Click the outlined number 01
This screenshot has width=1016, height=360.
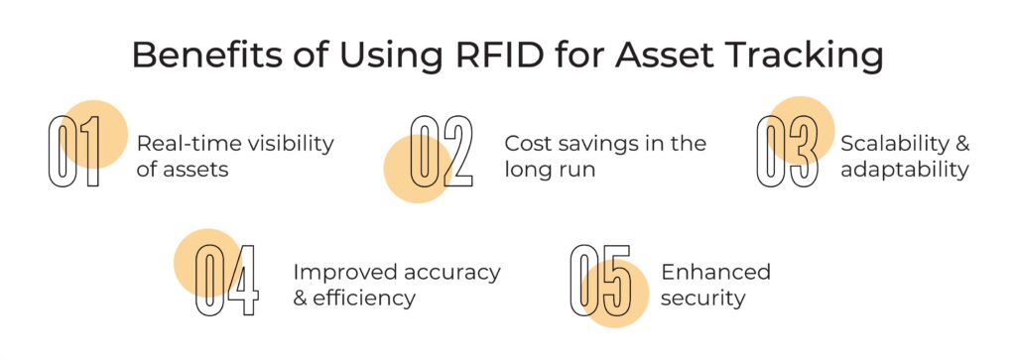pyautogui.click(x=75, y=153)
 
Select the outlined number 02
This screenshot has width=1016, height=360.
pyautogui.click(x=442, y=152)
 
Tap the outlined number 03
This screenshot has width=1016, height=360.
pyautogui.click(x=788, y=153)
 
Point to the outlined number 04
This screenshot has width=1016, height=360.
pyautogui.click(x=226, y=281)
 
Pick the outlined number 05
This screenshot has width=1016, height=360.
pyautogui.click(x=600, y=281)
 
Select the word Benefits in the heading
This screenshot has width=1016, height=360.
pyautogui.click(x=205, y=56)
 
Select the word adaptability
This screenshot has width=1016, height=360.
pyautogui.click(x=904, y=170)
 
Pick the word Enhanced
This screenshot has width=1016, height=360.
pyautogui.click(x=715, y=272)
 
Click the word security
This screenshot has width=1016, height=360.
pyautogui.click(x=702, y=298)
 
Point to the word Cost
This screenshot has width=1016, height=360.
pyautogui.click(x=526, y=143)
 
